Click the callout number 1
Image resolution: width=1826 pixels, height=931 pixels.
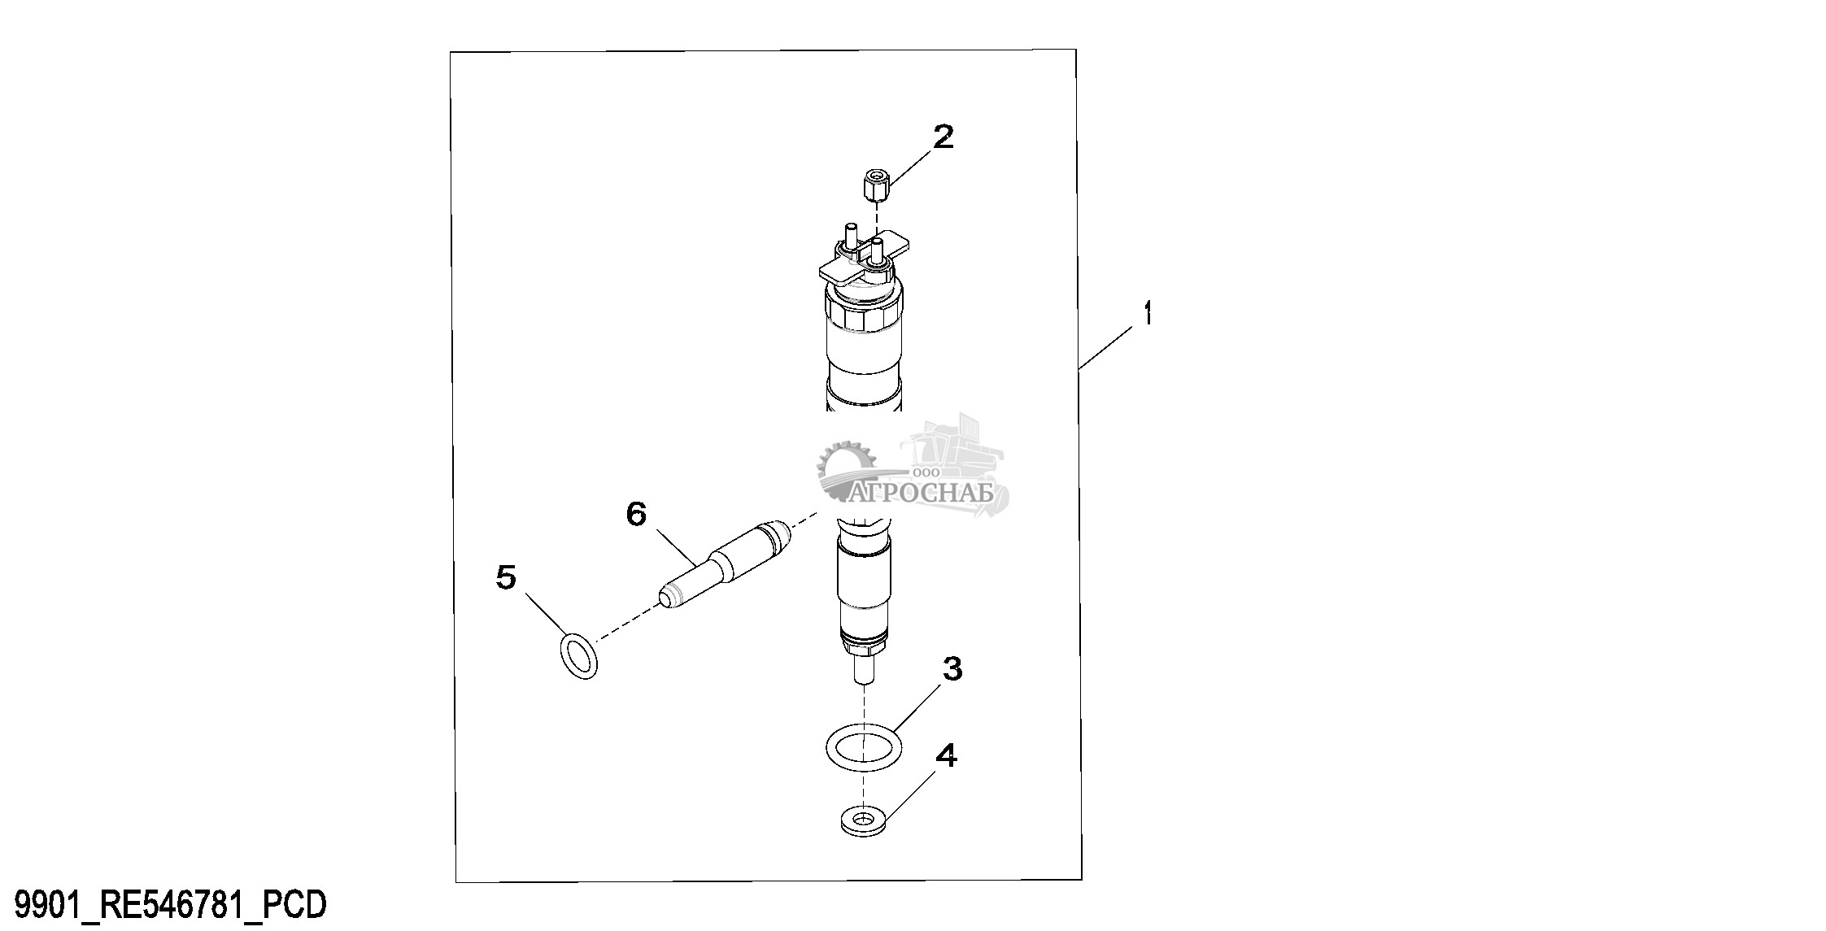[x=1147, y=313]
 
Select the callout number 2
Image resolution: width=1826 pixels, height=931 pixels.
[x=943, y=137]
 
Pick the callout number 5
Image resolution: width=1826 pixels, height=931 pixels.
[x=506, y=578]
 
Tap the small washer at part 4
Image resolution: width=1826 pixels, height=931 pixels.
[x=863, y=842]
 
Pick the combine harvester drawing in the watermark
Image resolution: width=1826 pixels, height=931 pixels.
[x=956, y=459]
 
